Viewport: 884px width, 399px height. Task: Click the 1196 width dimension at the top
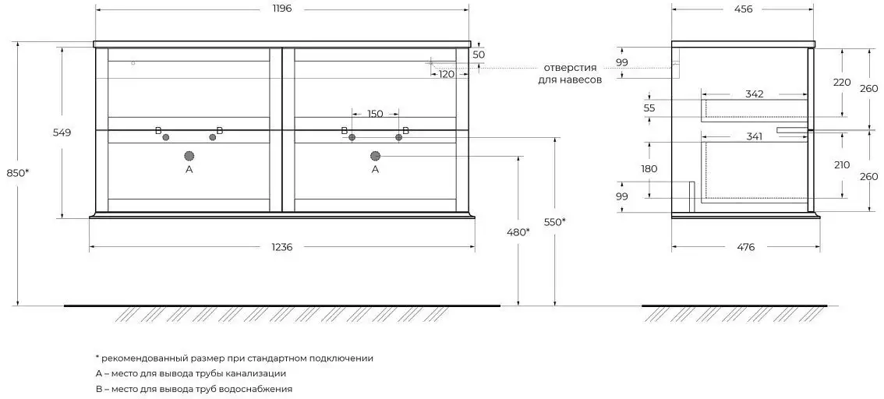coord(282,9)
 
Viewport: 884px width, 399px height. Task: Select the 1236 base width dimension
coord(282,247)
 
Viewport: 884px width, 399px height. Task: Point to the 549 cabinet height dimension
coord(62,132)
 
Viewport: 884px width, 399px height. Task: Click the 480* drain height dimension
coord(518,231)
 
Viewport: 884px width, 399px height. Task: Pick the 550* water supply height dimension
coord(555,222)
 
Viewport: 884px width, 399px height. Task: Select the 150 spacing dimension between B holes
coord(375,114)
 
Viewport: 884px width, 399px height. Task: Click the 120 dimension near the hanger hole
coord(447,74)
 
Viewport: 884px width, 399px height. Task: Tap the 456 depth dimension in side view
coord(743,9)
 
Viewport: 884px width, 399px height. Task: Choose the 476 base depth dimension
coord(745,247)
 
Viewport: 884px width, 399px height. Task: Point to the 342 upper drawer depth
coord(755,94)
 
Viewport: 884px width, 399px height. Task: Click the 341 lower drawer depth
coord(754,136)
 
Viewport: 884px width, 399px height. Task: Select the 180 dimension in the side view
coord(649,168)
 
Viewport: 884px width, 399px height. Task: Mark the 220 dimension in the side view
coord(842,83)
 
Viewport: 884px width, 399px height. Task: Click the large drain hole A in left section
coord(189,156)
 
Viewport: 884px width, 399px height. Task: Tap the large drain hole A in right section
coord(376,156)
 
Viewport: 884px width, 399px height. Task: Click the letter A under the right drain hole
coord(376,168)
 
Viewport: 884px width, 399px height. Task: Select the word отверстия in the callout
coord(571,68)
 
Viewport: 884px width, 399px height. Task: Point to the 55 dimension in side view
coord(649,108)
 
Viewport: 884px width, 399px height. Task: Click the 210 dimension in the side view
coord(842,165)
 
